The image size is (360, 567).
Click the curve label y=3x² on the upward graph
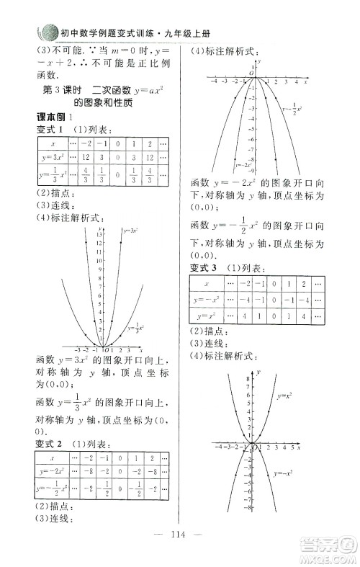[x=131, y=231]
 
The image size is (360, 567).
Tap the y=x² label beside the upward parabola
[x=284, y=395]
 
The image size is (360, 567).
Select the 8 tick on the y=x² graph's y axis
[x=248, y=378]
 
